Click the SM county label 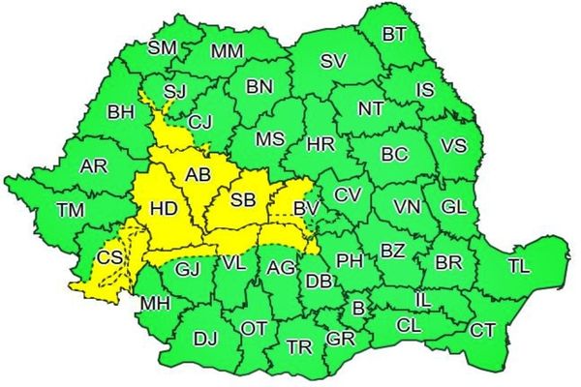(x=163, y=46)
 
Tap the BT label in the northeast (x=394, y=35)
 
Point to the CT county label (x=482, y=331)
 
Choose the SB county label (x=243, y=200)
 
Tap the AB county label (x=198, y=175)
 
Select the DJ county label (x=205, y=340)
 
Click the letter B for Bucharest (x=358, y=309)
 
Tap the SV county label (x=333, y=61)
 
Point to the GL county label (x=452, y=207)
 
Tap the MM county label (x=227, y=50)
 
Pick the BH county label (x=121, y=113)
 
